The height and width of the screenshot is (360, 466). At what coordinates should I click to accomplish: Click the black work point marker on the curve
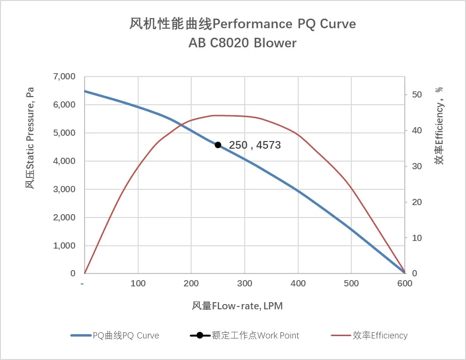[218, 145]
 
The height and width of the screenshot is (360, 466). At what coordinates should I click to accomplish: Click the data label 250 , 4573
[255, 145]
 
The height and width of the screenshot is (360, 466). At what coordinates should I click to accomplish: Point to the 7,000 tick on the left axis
[63, 76]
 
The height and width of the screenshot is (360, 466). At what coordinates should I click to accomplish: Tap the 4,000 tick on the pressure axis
[63, 161]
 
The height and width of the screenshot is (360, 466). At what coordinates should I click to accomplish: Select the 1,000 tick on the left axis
[63, 246]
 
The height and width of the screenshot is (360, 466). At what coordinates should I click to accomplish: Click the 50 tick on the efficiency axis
[417, 95]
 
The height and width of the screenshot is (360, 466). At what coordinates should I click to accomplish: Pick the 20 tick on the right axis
[417, 202]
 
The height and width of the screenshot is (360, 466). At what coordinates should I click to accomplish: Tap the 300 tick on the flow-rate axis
[245, 284]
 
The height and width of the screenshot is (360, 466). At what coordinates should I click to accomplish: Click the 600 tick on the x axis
[404, 284]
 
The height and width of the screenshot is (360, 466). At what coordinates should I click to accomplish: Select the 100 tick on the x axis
[138, 284]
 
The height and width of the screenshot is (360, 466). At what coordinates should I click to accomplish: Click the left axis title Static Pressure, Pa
[30, 138]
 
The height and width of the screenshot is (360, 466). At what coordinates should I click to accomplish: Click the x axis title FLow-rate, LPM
[238, 305]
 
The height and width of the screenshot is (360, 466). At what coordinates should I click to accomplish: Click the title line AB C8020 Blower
[242, 43]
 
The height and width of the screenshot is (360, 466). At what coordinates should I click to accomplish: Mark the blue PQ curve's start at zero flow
[85, 91]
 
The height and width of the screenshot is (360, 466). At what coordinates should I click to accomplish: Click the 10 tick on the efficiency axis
[417, 238]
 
